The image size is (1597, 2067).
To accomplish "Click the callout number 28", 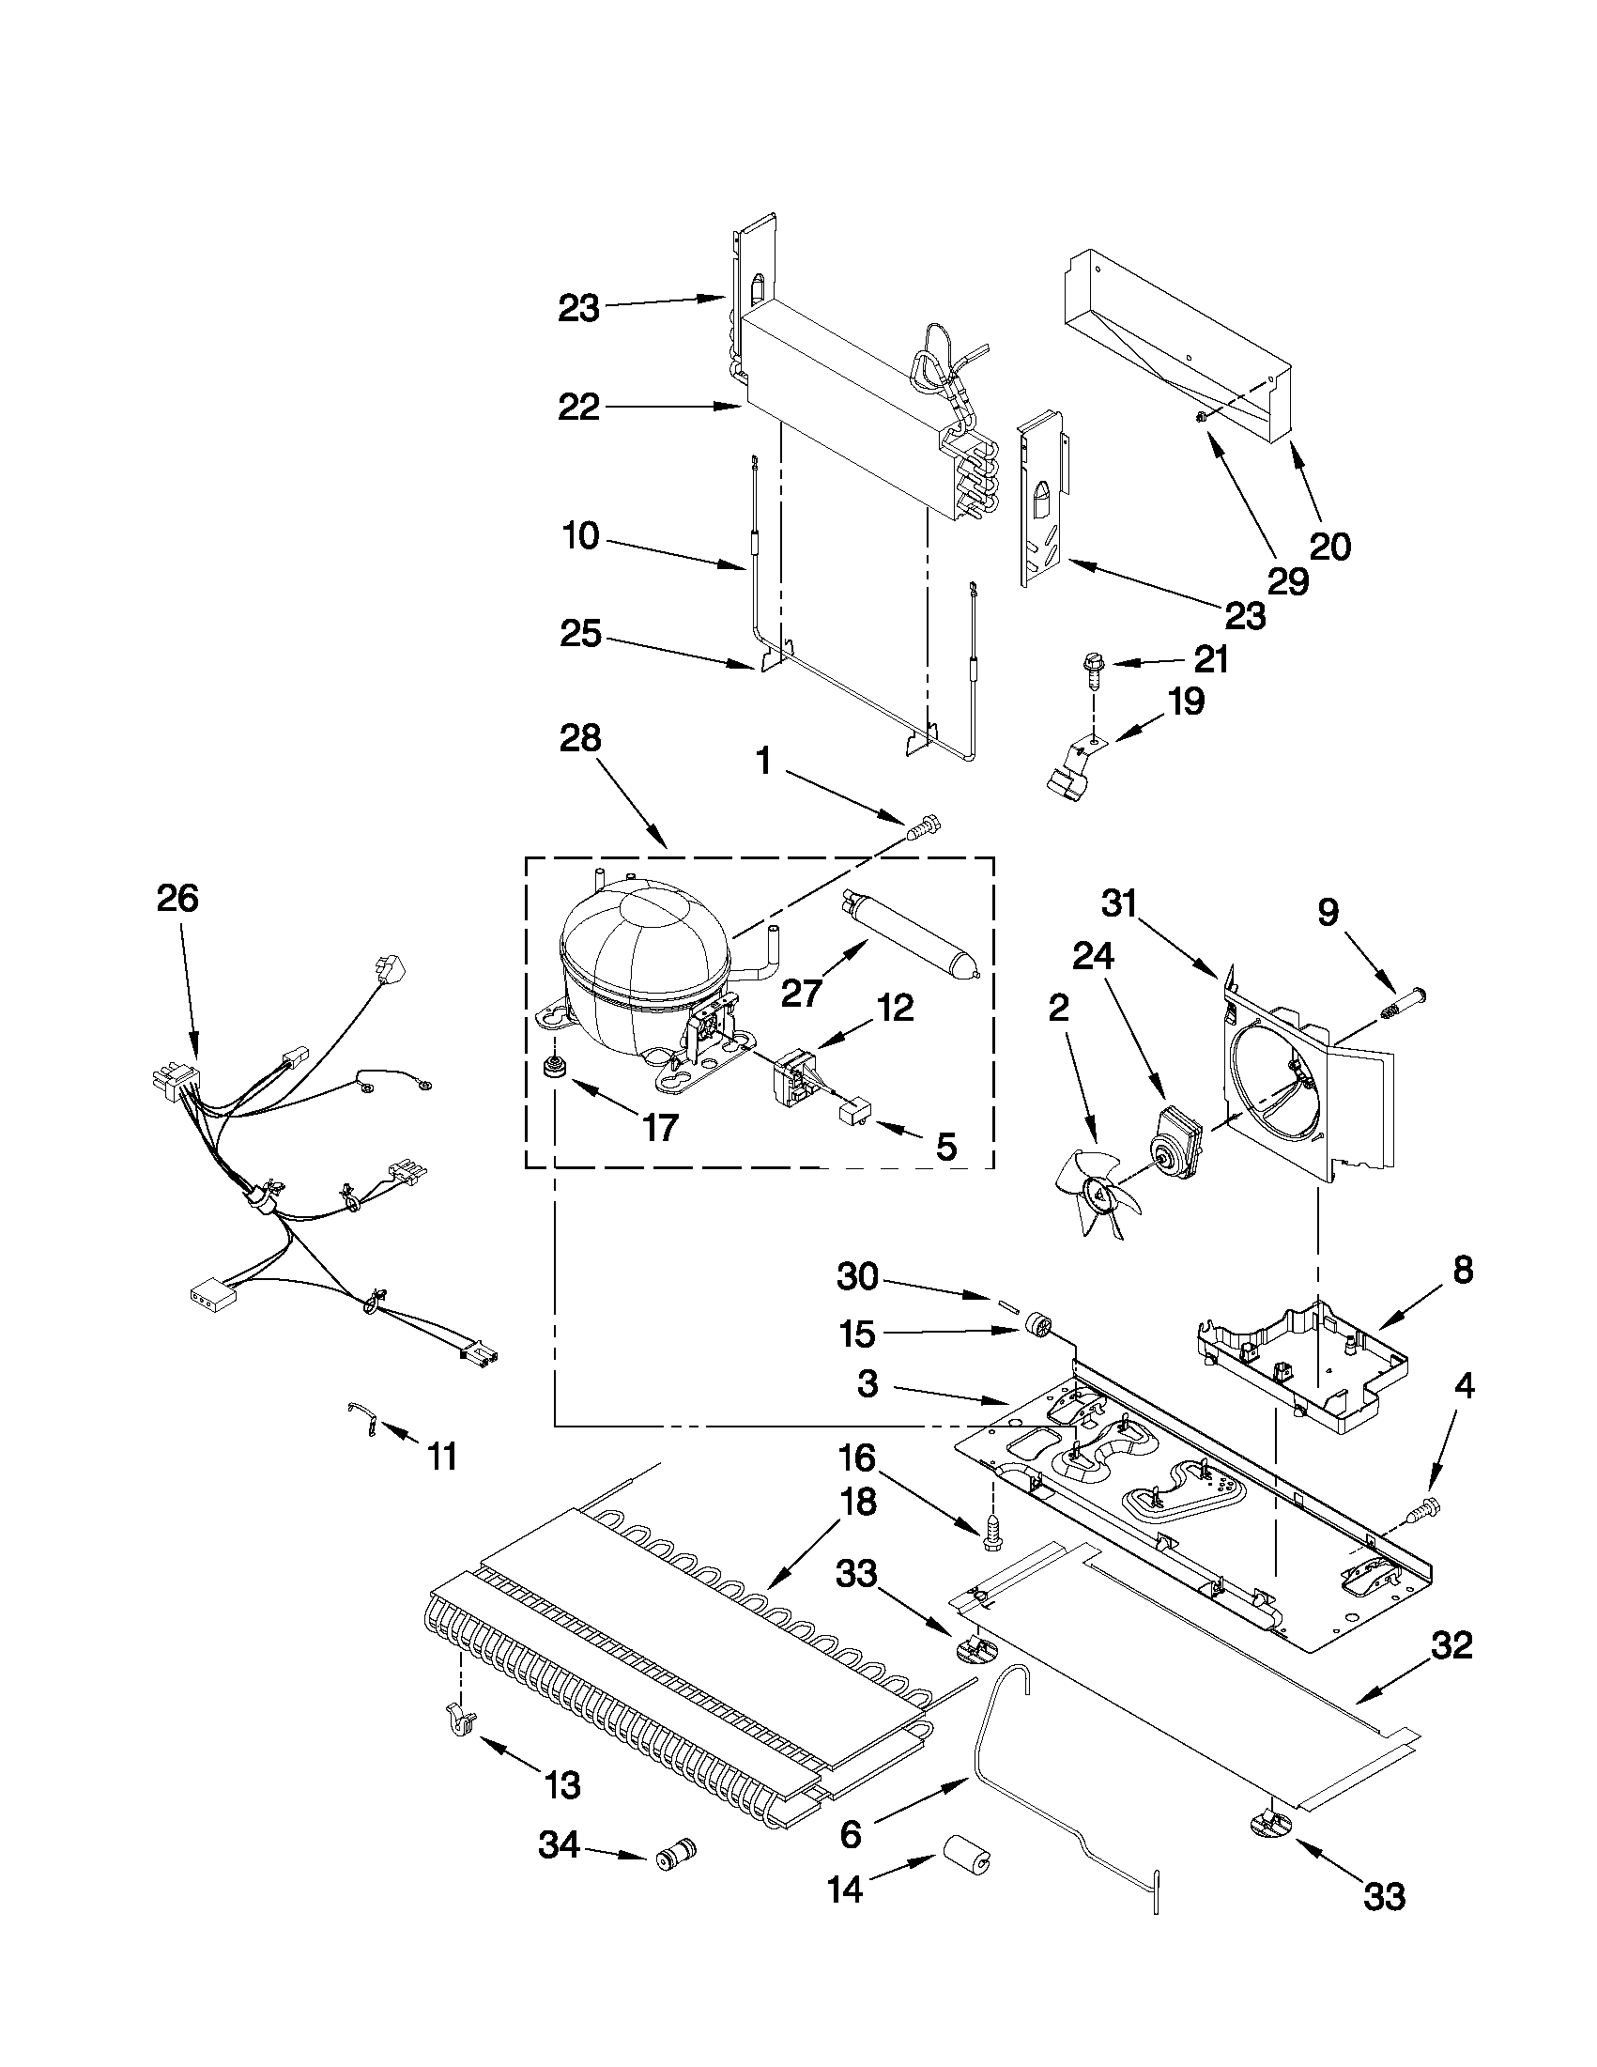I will pos(579,738).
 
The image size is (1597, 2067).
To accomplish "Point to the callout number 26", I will pos(177,898).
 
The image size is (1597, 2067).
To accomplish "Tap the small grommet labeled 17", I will pos(551,1069).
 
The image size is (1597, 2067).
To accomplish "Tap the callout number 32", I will pos(1451,1645).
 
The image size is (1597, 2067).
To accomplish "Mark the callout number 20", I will pos(1329,546).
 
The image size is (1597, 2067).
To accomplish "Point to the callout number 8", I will pos(1463,1270).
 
